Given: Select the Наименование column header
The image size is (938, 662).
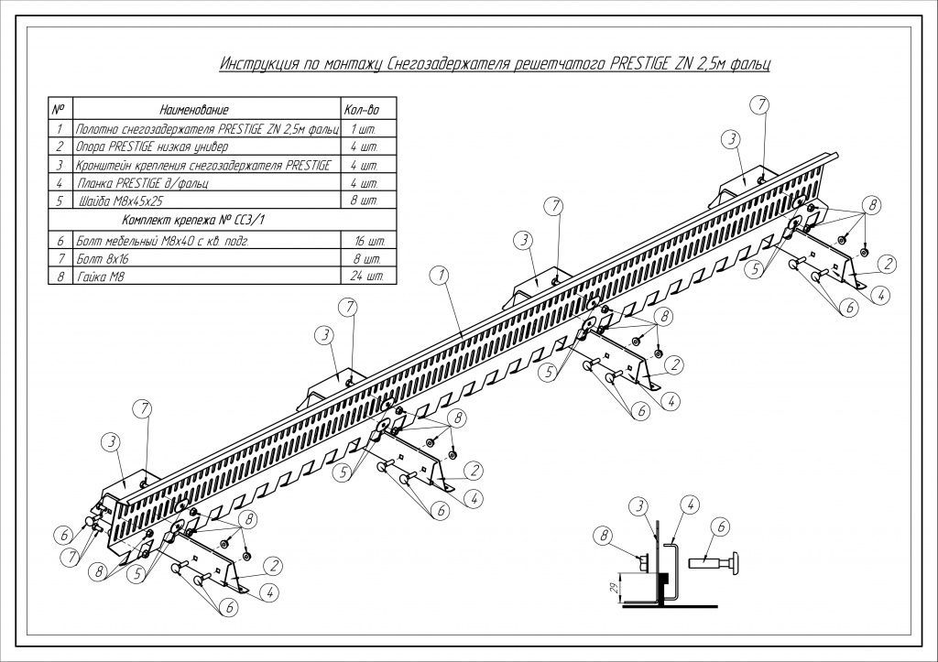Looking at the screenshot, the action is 194,110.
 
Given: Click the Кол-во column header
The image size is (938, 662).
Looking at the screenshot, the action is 362,110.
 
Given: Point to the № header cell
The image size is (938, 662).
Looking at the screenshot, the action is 59,110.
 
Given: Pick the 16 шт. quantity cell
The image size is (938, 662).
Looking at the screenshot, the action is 370,242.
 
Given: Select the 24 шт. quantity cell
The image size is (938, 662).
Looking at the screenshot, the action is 366,277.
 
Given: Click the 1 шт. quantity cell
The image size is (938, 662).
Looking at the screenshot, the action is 364,129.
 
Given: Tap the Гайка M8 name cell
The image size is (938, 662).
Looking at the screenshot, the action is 100,277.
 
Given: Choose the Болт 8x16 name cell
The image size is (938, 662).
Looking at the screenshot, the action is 103,259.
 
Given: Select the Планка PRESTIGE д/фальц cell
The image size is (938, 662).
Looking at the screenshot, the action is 143,183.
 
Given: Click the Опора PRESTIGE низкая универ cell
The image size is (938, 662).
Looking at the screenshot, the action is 152,147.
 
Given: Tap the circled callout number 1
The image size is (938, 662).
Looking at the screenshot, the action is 441,276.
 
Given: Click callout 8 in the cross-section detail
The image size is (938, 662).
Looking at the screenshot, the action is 604,536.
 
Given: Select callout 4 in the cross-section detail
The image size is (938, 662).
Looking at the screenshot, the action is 691,505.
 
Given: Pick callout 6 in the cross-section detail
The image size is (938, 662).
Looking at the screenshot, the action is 721,526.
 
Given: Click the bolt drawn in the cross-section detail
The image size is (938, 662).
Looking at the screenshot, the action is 714,563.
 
